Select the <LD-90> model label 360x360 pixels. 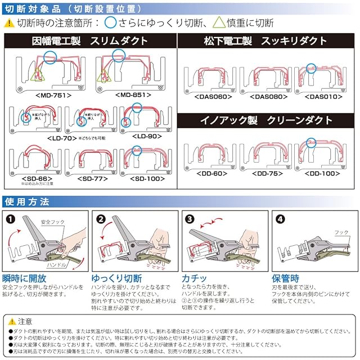tap(146, 136)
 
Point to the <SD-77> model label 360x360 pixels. tap(92, 178)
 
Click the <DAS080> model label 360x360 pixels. tap(264, 97)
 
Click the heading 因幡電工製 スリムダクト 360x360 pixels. tap(91, 41)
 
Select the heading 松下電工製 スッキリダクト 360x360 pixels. tap(265, 41)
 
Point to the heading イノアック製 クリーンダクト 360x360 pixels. tap(265, 120)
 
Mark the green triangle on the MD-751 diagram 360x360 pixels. tap(38, 73)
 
